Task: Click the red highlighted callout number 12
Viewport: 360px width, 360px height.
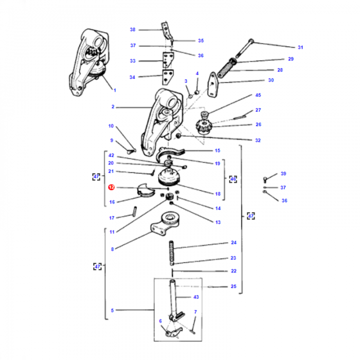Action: (x=111, y=188)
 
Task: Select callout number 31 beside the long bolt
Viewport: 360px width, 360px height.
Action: (x=300, y=48)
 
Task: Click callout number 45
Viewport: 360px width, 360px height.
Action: (x=258, y=95)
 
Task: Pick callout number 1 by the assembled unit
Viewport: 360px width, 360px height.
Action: (x=115, y=91)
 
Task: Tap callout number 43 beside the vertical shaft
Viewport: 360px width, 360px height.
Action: (x=195, y=298)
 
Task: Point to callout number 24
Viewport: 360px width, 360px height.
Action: (x=233, y=242)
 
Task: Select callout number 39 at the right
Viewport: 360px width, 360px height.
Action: (x=283, y=174)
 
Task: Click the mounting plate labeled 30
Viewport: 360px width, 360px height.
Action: (x=213, y=84)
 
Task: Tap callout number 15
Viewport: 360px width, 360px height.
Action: (x=218, y=151)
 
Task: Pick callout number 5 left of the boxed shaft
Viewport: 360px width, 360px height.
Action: (x=112, y=311)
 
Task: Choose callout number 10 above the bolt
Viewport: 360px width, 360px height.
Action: (x=111, y=126)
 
